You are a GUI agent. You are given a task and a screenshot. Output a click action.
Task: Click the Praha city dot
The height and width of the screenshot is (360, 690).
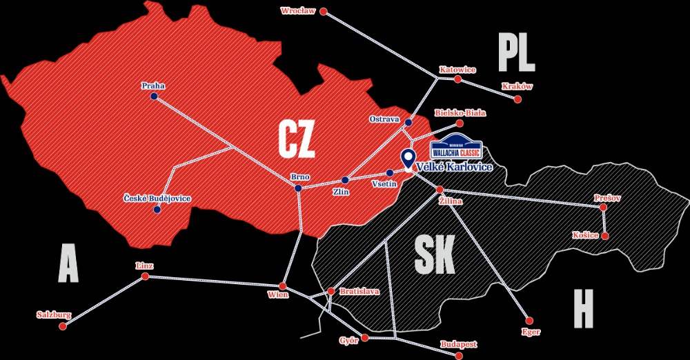click(x=153, y=97)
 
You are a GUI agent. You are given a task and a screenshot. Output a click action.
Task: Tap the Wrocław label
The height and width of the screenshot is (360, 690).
click(x=298, y=10)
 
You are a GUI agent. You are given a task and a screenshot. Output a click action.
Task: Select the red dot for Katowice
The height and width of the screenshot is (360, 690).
click(x=457, y=79)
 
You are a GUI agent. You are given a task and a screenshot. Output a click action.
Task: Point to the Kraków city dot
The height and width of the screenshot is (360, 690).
click(x=517, y=99)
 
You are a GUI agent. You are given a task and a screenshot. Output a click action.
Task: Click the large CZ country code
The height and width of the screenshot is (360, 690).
click(x=296, y=139)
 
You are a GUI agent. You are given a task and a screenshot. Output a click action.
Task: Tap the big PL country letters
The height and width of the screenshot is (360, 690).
click(x=516, y=54)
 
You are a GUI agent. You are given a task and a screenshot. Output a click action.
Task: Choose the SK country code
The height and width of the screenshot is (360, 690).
click(x=434, y=256)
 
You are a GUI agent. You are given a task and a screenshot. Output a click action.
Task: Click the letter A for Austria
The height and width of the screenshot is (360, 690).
click(x=68, y=263)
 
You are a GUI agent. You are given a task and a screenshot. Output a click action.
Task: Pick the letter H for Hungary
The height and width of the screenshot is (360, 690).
click(x=583, y=308)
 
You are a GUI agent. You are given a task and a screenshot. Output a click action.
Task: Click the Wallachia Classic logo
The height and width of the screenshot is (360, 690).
click(x=455, y=150)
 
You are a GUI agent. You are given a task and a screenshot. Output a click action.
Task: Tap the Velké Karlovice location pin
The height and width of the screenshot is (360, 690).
click(x=408, y=159)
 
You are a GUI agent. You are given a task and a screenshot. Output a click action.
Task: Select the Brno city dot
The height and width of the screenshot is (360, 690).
click(x=298, y=188)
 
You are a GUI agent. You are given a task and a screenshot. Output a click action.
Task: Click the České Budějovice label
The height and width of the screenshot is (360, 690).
click(x=157, y=199)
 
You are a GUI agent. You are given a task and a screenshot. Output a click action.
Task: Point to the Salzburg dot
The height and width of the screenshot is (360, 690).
click(x=62, y=326)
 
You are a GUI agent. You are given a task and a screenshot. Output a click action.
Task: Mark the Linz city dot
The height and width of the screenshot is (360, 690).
click(x=145, y=276)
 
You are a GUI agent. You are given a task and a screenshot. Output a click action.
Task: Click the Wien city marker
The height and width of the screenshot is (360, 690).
click(x=282, y=286)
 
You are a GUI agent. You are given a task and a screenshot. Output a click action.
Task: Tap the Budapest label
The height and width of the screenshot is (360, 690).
click(x=457, y=343)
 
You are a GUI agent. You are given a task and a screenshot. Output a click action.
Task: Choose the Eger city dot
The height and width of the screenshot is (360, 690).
click(x=529, y=320)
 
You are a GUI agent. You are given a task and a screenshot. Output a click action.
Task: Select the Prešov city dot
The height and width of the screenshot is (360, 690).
click(x=603, y=207)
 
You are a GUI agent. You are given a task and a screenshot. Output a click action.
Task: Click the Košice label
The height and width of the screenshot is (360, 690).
click(x=584, y=235)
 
